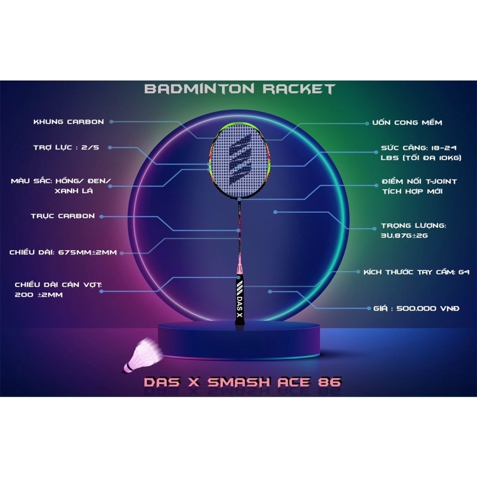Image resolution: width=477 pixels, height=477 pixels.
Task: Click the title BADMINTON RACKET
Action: (239, 89)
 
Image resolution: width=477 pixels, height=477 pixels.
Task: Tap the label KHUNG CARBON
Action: (69, 122)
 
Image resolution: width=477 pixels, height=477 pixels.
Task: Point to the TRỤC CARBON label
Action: (63, 216)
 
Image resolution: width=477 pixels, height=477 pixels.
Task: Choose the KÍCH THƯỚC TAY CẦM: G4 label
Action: (416, 271)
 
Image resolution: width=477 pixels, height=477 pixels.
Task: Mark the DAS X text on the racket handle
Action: (240, 302)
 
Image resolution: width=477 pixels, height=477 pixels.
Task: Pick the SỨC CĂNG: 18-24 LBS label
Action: (419, 151)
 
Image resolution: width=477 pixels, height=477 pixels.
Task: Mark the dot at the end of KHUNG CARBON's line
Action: (111, 122)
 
